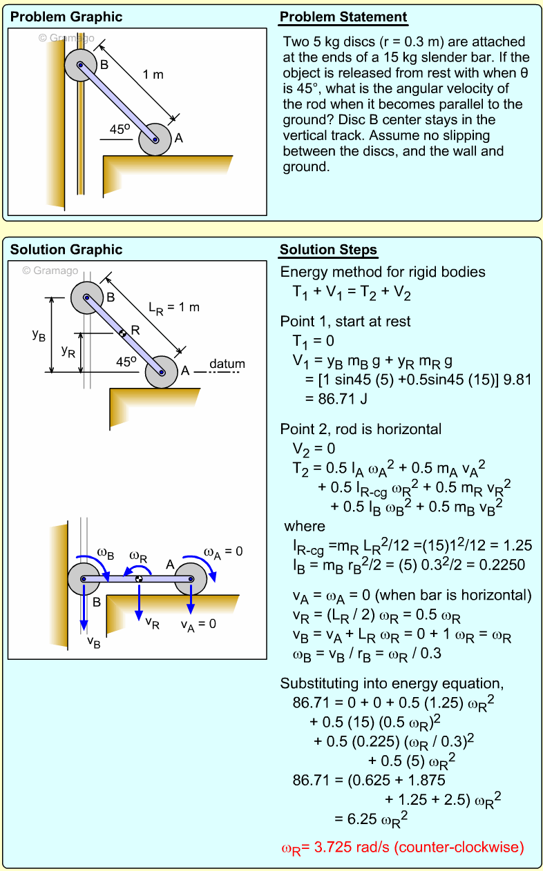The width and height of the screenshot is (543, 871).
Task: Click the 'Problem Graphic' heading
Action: click(x=66, y=17)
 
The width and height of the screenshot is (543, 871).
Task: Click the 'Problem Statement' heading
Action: click(x=343, y=17)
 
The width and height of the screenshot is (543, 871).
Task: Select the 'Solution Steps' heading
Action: click(x=328, y=250)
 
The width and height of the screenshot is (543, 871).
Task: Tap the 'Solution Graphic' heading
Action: click(x=66, y=250)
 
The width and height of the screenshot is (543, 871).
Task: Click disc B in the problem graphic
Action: click(x=81, y=66)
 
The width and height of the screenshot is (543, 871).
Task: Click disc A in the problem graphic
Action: click(x=155, y=139)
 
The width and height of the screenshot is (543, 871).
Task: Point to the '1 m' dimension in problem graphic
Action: click(x=153, y=75)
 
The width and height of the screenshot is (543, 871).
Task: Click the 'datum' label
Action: click(x=227, y=364)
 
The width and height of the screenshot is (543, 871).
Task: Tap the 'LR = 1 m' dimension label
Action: click(x=173, y=308)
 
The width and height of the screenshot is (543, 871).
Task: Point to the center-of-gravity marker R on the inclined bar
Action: click(x=122, y=333)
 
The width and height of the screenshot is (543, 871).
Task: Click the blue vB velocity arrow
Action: click(x=84, y=607)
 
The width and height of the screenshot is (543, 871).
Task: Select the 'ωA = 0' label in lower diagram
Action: click(x=224, y=551)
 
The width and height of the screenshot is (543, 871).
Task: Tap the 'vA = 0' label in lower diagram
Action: click(x=198, y=624)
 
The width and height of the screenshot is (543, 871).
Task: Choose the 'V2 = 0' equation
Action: click(x=314, y=449)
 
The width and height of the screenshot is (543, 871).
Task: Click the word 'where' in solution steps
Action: click(x=305, y=527)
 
